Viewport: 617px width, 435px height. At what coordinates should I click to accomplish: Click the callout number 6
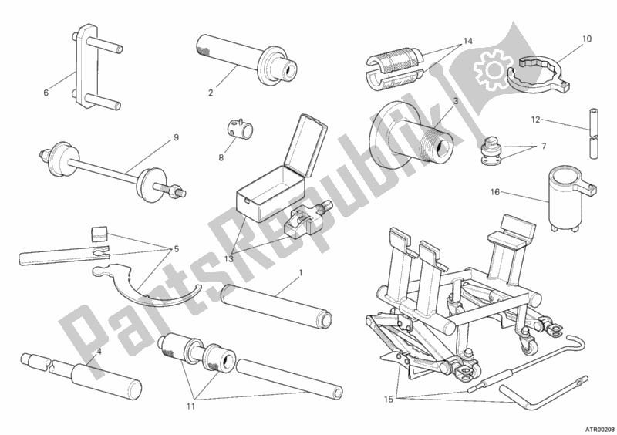(46, 93)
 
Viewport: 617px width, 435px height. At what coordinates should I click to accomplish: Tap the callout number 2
(211, 93)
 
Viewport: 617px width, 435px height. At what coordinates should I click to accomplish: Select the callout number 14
(467, 41)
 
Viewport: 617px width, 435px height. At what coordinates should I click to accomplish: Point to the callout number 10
(586, 39)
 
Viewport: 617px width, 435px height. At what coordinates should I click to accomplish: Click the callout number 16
(495, 192)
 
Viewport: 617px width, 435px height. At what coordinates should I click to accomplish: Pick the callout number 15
(389, 400)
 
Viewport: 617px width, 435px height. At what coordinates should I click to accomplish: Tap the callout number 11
(190, 406)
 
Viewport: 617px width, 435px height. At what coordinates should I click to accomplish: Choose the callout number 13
(229, 258)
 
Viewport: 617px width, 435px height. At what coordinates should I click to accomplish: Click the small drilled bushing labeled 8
(239, 128)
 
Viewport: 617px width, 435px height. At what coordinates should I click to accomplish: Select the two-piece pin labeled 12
(595, 133)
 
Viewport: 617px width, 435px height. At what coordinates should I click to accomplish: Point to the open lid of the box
(307, 145)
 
